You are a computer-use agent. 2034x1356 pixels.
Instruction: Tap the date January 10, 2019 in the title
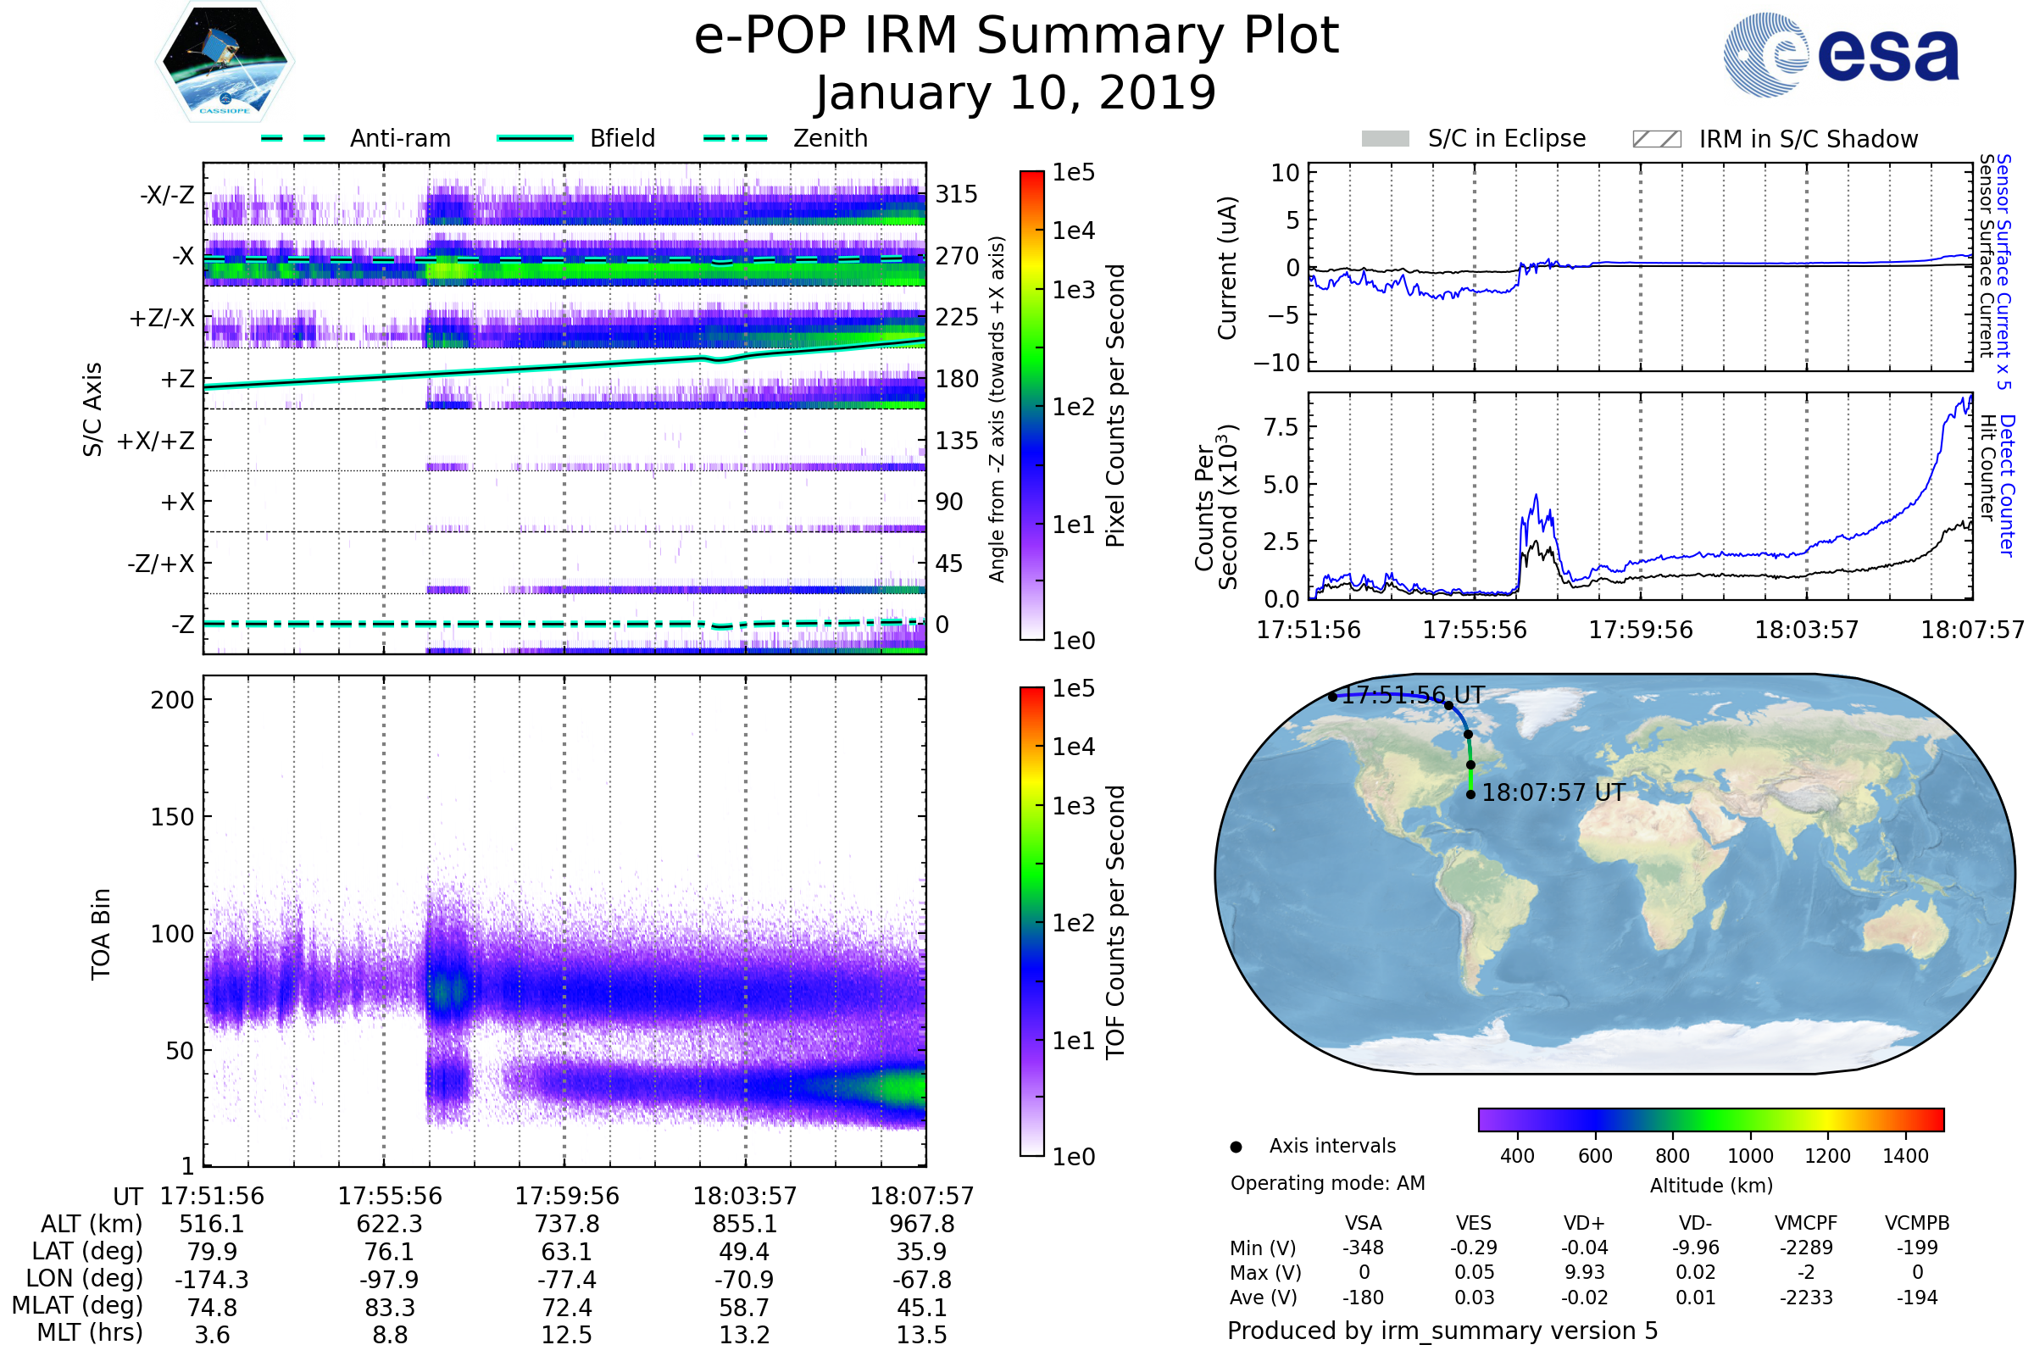tap(1015, 93)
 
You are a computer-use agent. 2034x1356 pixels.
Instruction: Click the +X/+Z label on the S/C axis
tap(156, 441)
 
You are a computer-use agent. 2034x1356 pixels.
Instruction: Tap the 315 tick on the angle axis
tap(956, 194)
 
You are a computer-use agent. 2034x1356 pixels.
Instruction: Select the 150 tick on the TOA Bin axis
tap(172, 817)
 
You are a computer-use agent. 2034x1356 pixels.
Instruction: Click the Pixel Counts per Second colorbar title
tap(1115, 406)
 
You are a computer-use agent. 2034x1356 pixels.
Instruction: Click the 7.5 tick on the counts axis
tap(1281, 427)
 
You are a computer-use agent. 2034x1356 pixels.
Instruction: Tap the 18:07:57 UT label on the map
tap(1553, 793)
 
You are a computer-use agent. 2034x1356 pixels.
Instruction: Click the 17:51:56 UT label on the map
tap(1412, 695)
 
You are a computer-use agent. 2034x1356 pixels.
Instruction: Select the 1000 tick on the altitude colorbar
tap(1749, 1156)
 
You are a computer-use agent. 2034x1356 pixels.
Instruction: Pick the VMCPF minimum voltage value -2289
tap(1806, 1248)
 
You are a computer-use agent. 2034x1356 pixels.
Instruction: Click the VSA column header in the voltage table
tap(1363, 1224)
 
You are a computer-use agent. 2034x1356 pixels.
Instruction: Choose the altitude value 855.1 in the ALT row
tap(744, 1225)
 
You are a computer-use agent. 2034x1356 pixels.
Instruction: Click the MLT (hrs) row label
tap(90, 1332)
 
